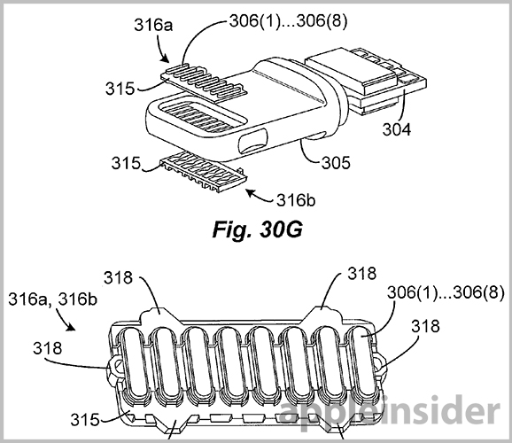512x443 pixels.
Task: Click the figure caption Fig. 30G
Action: tap(257, 229)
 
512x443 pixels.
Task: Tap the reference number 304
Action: tap(397, 129)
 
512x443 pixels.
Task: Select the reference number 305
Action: tap(336, 162)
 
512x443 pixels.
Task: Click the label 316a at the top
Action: tap(153, 25)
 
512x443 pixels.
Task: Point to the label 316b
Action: tap(296, 200)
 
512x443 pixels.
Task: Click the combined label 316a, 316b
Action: tap(52, 299)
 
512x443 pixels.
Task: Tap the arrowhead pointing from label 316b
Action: tap(251, 193)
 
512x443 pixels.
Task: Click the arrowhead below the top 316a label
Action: tap(166, 58)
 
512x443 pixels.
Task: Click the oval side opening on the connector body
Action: tap(253, 141)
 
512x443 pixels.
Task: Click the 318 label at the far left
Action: tap(47, 348)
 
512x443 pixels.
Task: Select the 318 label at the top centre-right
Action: tap(361, 273)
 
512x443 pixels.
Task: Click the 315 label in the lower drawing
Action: tap(85, 419)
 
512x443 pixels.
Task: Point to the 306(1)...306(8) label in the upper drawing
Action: tap(288, 21)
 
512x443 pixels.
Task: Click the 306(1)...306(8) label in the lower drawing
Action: tap(446, 292)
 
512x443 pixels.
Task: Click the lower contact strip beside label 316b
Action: tap(203, 172)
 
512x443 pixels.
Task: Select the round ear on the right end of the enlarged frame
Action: tap(379, 365)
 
